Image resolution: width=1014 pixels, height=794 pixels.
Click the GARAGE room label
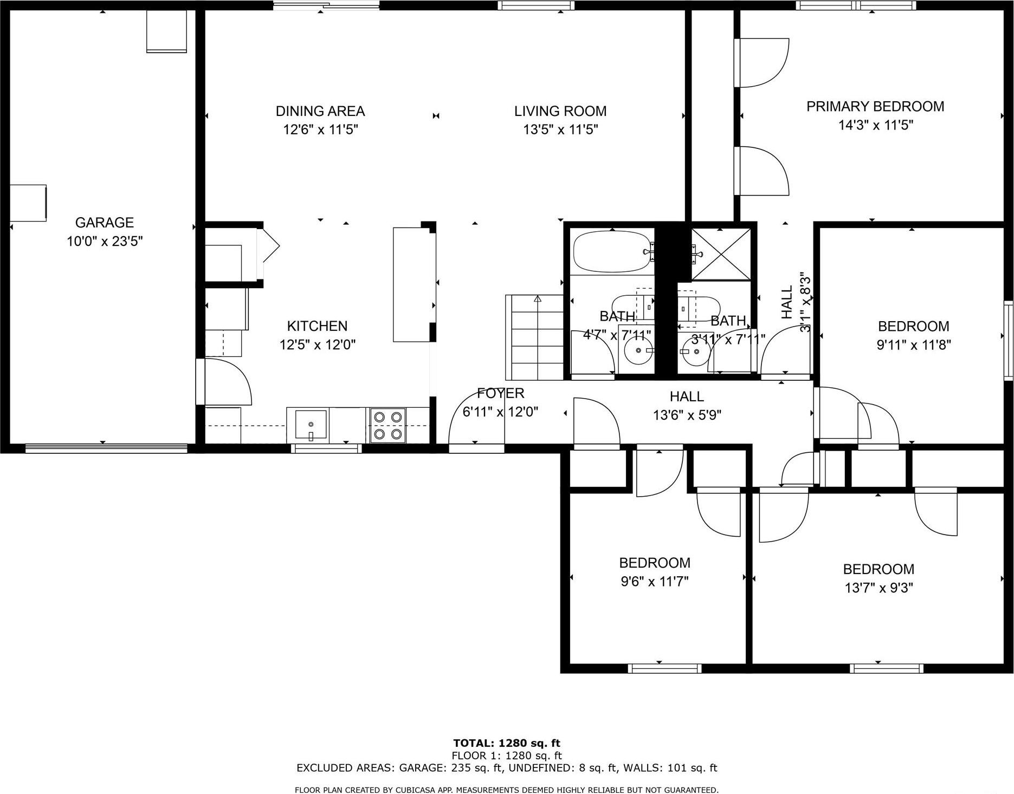104,222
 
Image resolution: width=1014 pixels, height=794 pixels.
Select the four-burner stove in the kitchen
388,425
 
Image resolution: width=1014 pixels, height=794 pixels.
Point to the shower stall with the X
721,253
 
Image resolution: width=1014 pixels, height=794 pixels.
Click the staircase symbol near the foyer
534,337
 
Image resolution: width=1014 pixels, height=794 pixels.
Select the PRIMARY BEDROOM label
875,107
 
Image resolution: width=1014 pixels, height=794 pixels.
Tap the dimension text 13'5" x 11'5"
560,129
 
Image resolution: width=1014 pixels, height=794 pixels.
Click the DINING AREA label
320,111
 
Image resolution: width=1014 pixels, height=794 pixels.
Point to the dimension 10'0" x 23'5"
104,241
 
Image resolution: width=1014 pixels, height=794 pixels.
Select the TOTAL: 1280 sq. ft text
506,743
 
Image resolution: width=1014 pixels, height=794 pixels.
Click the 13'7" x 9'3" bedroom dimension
879,588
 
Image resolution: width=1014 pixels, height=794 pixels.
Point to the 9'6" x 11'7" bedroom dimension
654,581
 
